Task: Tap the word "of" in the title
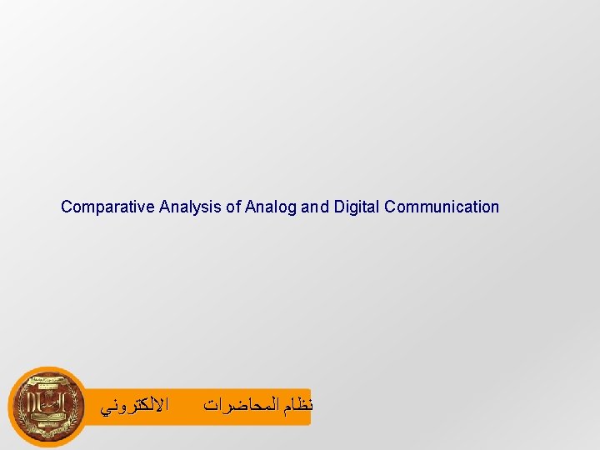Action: click(x=233, y=207)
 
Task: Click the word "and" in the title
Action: click(x=315, y=207)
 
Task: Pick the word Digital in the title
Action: click(x=357, y=207)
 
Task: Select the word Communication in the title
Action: click(x=442, y=207)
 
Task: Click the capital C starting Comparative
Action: click(x=67, y=207)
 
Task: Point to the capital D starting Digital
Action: click(x=339, y=207)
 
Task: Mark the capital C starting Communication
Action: click(x=391, y=207)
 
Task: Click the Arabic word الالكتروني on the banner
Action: click(x=134, y=407)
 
